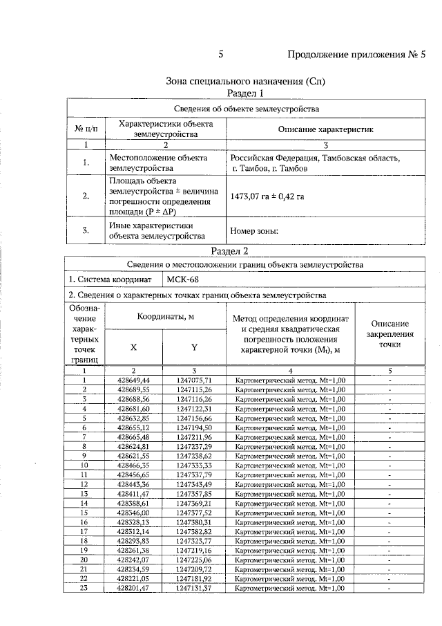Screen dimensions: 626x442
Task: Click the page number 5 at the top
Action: point(220,55)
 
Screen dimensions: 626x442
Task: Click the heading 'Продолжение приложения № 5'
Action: point(357,55)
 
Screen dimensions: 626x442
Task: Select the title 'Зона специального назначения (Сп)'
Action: point(246,81)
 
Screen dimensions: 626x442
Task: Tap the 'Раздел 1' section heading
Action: point(246,93)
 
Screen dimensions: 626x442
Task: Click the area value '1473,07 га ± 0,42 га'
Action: point(267,196)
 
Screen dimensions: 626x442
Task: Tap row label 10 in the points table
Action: point(84,466)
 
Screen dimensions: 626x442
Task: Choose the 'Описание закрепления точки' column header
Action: point(390,333)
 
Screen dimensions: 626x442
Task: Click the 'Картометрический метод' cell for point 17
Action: point(289,531)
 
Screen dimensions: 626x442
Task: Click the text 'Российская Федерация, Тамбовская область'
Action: point(315,158)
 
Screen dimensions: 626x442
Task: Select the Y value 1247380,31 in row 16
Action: point(194,522)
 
